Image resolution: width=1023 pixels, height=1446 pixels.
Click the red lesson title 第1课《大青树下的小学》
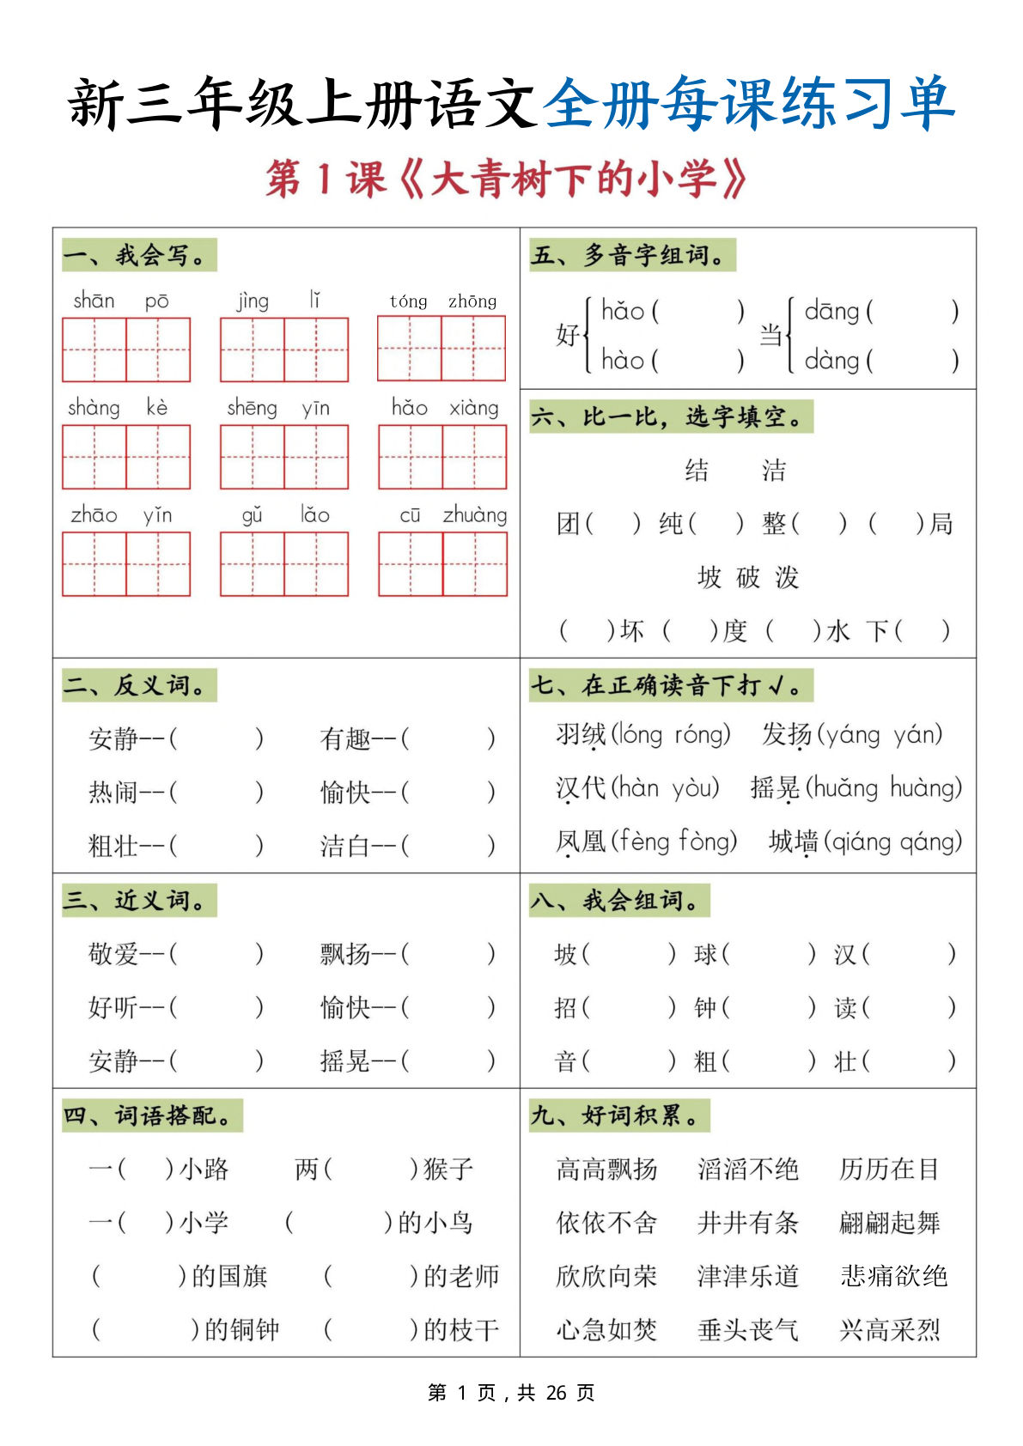506,179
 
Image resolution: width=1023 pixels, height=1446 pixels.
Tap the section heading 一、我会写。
138,255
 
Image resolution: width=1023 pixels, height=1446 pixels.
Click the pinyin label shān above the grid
94,301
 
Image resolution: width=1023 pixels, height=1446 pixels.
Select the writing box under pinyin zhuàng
475,564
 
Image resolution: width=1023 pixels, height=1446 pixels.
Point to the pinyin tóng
408,301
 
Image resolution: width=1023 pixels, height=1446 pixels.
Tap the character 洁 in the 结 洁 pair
773,471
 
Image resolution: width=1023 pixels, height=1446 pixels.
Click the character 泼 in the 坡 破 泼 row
787,578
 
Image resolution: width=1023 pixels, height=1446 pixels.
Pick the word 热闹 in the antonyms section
113,792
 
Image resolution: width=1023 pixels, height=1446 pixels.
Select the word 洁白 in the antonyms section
345,847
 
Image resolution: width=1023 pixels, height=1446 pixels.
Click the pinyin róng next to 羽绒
701,735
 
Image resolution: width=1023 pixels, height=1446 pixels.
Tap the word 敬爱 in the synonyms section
113,954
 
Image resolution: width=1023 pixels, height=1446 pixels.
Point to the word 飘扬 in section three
345,954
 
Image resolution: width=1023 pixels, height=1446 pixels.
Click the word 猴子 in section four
448,1169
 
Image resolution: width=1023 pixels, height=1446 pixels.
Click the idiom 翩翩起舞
890,1223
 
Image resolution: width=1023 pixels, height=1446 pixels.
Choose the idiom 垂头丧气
748,1330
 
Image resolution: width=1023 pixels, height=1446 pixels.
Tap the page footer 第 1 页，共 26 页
511,1393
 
